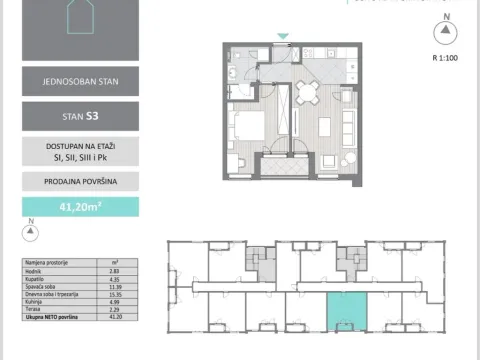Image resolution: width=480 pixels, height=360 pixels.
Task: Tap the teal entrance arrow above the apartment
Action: (283, 38)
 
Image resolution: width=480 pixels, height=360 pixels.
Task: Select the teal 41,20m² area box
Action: (80, 207)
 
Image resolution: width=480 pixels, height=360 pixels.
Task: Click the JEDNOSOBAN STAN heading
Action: (80, 81)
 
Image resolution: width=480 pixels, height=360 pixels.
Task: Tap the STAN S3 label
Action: (80, 116)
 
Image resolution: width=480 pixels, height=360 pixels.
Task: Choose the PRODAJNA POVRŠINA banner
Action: (80, 181)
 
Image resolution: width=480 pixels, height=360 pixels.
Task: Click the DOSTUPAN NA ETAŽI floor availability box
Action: (80, 150)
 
